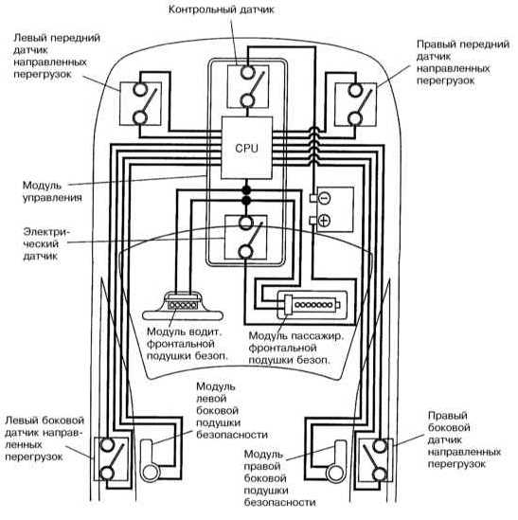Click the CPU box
point(247,148)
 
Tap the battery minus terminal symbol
point(324,198)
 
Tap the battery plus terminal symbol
point(324,220)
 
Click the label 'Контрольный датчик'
point(222,9)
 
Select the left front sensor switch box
point(140,103)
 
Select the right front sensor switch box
point(355,104)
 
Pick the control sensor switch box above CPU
point(248,86)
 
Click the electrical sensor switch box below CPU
point(245,237)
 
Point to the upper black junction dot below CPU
point(246,190)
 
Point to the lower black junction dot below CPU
point(246,200)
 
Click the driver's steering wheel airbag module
point(182,306)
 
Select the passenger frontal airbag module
point(313,304)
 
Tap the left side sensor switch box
point(111,459)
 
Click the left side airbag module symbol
point(150,461)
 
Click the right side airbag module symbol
point(336,461)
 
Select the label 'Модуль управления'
point(52,191)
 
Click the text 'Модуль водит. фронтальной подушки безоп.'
point(188,344)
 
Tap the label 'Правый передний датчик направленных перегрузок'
point(463,63)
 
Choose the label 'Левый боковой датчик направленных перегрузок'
point(45,439)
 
